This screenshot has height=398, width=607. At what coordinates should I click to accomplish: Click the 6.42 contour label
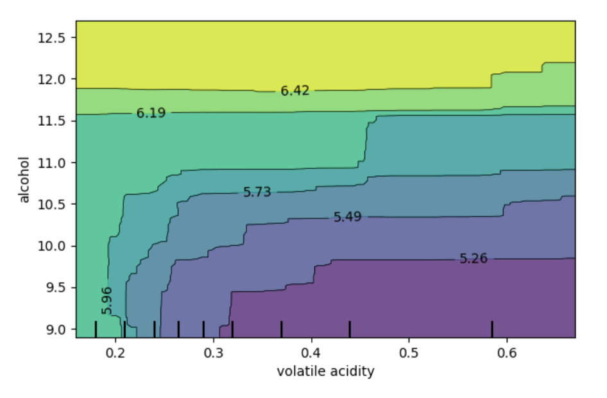click(x=295, y=91)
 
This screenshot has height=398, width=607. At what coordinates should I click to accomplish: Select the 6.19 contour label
click(x=151, y=114)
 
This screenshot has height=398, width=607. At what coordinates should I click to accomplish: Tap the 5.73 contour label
click(x=257, y=192)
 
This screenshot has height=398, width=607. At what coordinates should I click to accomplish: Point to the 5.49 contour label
click(x=347, y=217)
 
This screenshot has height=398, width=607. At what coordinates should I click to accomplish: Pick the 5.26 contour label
click(x=474, y=259)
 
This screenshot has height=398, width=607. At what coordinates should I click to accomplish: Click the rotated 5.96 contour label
click(x=107, y=300)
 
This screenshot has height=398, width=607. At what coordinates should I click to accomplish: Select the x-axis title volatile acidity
click(x=325, y=371)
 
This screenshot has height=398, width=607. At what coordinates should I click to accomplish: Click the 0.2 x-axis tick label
click(x=115, y=352)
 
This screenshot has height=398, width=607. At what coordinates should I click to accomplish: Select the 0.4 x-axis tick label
click(x=311, y=352)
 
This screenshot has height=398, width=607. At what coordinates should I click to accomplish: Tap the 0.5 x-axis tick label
click(x=409, y=352)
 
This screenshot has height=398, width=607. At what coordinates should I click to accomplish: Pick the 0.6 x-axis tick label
click(x=507, y=352)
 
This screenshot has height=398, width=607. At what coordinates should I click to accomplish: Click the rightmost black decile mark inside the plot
click(x=492, y=329)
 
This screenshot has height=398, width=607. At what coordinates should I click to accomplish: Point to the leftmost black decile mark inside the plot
click(x=96, y=329)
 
